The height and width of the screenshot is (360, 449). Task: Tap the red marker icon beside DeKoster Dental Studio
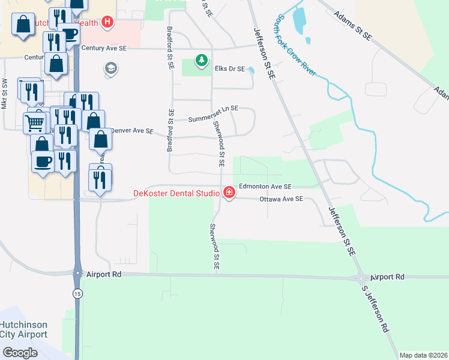click(229, 193)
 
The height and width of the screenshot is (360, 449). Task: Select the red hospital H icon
click(107, 22)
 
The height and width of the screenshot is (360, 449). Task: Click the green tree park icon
click(202, 59)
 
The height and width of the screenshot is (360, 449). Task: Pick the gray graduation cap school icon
click(110, 69)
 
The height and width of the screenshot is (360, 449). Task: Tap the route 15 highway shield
click(77, 293)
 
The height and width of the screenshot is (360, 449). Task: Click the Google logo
click(20, 352)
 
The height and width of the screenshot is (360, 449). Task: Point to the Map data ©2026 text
click(423, 355)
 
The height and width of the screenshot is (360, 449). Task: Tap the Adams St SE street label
click(352, 25)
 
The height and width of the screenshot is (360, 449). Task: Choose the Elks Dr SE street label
click(230, 69)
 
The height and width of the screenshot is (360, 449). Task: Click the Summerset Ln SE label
click(213, 114)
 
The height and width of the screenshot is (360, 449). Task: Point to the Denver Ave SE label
click(134, 130)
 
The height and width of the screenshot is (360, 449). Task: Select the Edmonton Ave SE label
click(265, 187)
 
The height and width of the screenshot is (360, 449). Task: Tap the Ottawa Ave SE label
click(282, 199)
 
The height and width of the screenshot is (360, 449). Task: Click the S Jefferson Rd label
click(376, 309)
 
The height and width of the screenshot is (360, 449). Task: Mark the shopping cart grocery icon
click(34, 123)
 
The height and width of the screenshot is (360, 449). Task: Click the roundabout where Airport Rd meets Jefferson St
click(362, 278)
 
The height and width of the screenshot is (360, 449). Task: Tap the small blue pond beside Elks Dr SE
click(252, 70)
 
